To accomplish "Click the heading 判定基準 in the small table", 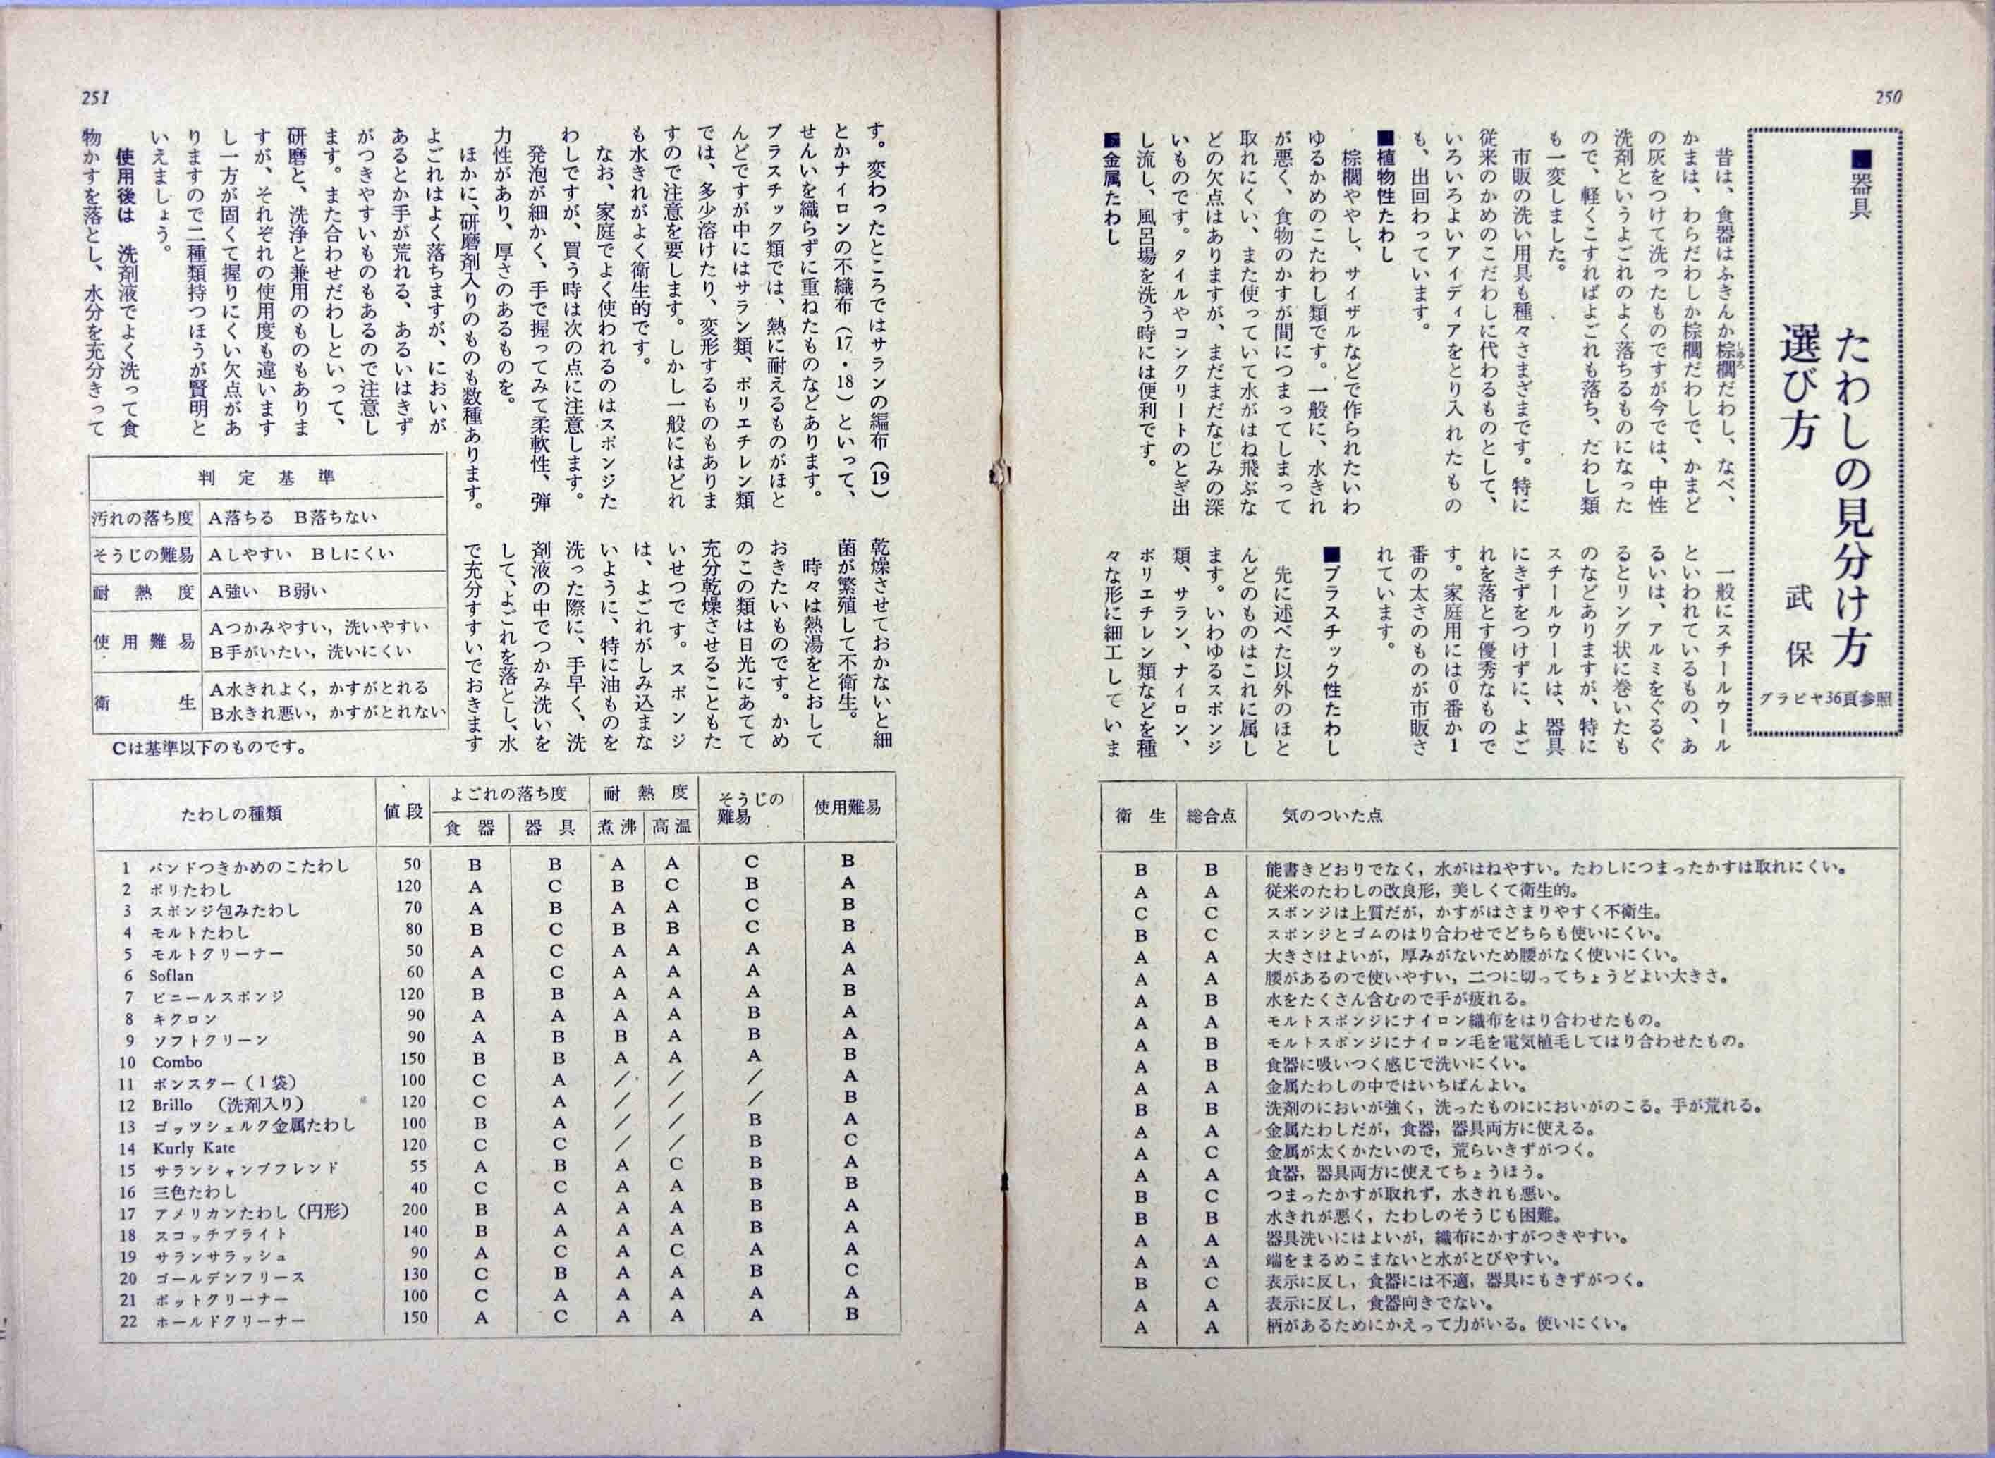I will click(x=267, y=477).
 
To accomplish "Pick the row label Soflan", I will click(x=171, y=975).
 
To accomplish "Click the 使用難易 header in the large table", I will click(x=848, y=807).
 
